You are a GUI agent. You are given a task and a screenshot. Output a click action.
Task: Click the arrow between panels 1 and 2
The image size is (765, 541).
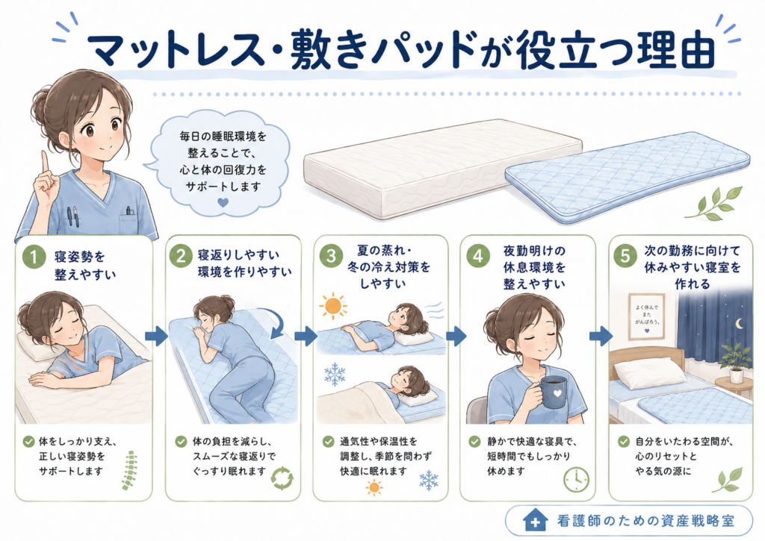(x=157, y=336)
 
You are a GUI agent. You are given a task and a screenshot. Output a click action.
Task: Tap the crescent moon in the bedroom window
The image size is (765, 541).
(x=740, y=324)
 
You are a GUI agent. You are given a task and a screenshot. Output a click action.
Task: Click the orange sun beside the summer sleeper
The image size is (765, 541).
(x=333, y=307)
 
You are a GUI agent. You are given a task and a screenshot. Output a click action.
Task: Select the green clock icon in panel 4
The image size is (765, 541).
(x=576, y=480)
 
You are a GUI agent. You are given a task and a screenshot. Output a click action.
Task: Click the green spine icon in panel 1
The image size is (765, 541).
(x=130, y=470)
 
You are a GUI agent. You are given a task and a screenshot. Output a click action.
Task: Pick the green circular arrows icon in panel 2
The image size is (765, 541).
(x=282, y=478)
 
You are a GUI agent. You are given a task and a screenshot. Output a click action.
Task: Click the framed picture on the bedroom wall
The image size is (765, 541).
(x=647, y=316)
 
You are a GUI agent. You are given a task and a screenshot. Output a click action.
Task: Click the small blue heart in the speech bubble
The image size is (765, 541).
(x=223, y=201)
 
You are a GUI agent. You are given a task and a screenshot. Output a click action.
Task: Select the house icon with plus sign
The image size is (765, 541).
(x=535, y=520)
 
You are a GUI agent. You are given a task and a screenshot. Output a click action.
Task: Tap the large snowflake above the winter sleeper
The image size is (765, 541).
(x=335, y=375)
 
